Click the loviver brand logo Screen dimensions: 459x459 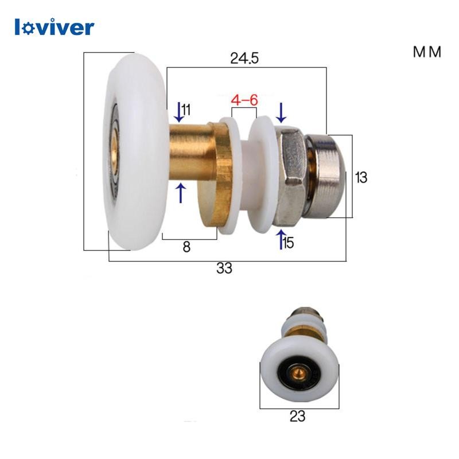point(55,27)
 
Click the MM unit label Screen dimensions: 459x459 point(427,52)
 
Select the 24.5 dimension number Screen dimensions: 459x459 point(244,58)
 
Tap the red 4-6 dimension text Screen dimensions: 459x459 point(244,100)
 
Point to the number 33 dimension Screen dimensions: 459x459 point(224,268)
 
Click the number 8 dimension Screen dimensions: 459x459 point(186,247)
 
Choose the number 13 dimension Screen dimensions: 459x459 point(361,177)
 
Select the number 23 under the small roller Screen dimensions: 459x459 point(297,416)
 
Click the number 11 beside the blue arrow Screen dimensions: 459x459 point(186,110)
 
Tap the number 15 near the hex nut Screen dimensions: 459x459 point(289,243)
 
